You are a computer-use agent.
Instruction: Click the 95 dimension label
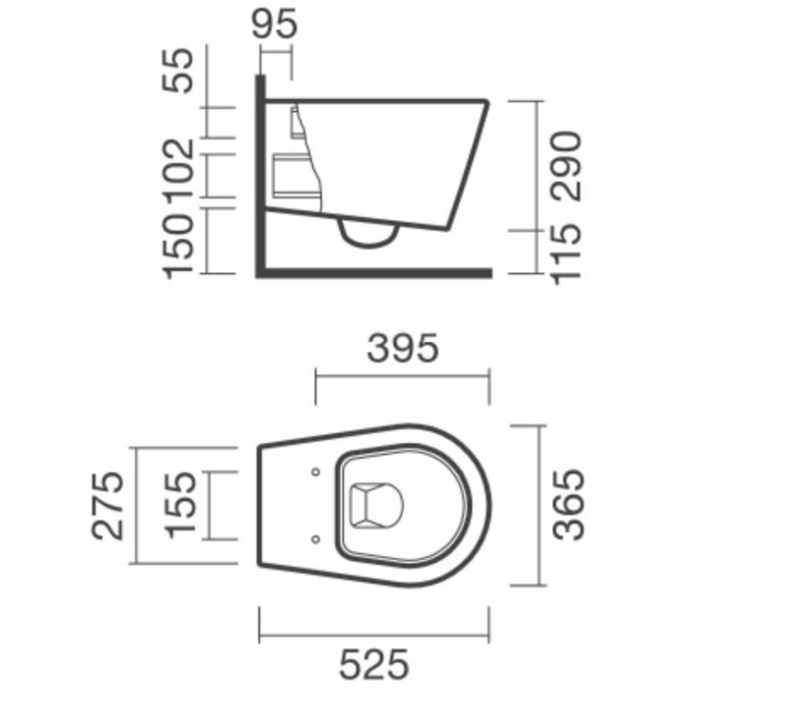point(274,24)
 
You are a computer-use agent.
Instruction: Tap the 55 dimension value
point(177,70)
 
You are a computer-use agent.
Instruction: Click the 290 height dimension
point(567,166)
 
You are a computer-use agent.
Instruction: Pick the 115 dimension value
point(567,255)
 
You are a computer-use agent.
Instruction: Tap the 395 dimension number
point(403,348)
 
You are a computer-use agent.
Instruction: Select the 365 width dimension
point(569,505)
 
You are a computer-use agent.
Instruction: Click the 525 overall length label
point(374,664)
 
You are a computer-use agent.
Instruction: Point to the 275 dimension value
point(107,506)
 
